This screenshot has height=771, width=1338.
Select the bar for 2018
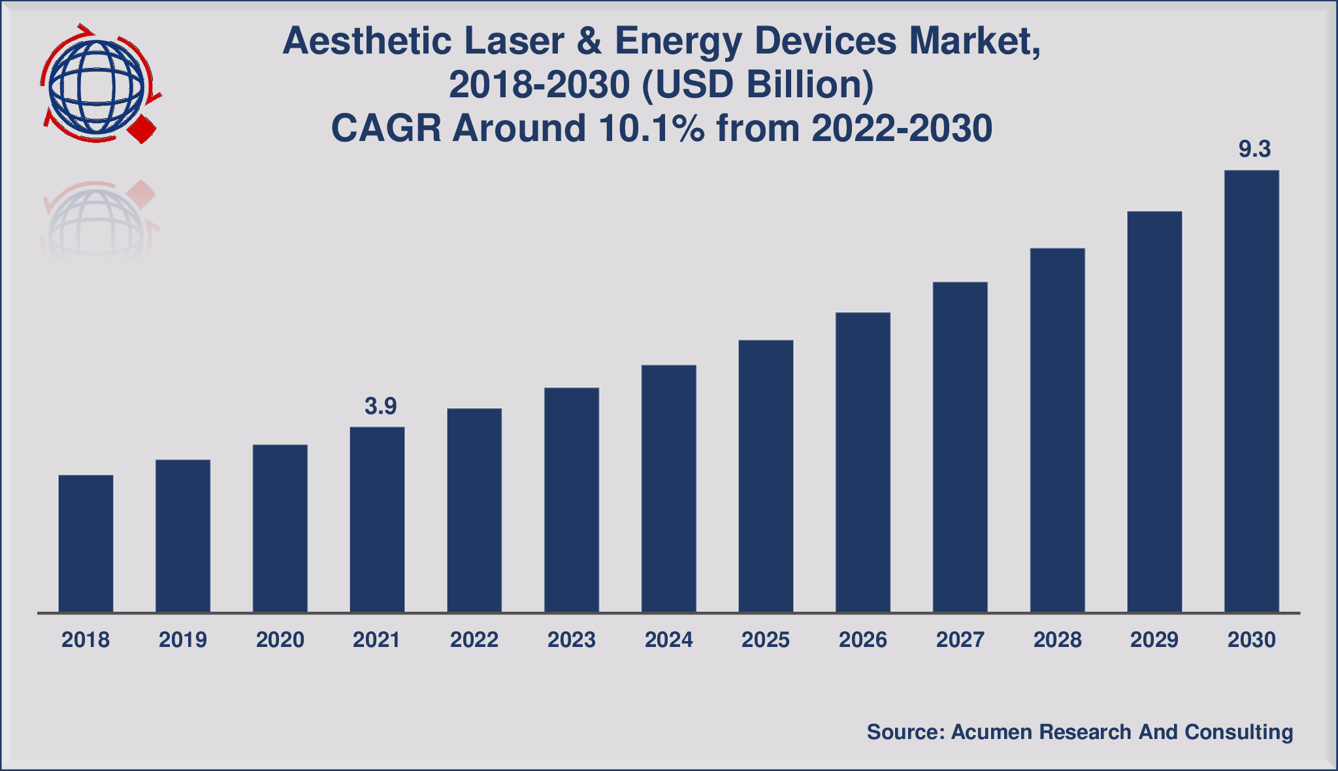86,543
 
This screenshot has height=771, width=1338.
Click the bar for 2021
377,520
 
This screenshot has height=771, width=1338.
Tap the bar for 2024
668,488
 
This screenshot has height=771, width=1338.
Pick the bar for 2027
960,447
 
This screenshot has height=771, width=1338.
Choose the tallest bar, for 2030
1251,391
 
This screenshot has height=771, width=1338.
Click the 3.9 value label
380,407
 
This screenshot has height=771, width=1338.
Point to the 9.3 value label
1254,149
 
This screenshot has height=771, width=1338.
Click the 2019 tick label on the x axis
183,640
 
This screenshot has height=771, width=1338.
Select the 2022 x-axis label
474,640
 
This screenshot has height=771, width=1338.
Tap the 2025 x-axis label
766,640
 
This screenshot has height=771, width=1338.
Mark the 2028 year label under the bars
1057,640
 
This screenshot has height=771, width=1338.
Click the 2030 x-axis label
1251,640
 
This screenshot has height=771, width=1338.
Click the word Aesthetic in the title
367,42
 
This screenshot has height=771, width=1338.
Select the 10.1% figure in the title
651,128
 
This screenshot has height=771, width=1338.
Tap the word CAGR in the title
386,128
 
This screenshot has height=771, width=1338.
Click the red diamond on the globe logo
142,129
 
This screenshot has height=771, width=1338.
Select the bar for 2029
1154,411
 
